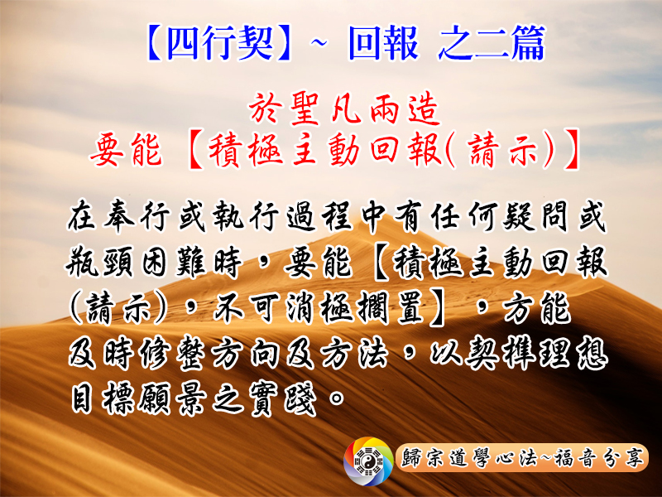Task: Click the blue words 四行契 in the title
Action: click(x=220, y=43)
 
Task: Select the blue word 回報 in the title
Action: click(x=383, y=43)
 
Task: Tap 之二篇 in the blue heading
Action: click(x=492, y=43)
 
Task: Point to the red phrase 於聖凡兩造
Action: click(x=344, y=109)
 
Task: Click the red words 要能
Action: click(x=126, y=151)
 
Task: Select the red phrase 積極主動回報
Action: click(x=324, y=151)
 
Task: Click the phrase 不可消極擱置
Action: click(x=318, y=307)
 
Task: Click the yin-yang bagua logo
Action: click(x=368, y=461)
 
